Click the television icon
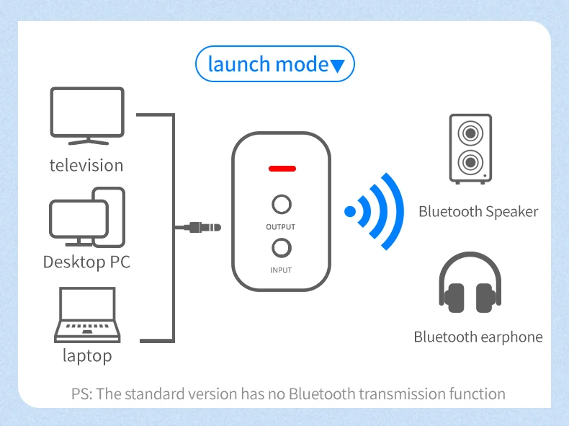[87, 115]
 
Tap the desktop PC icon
[87, 214]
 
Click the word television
[86, 165]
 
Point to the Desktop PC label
[86, 261]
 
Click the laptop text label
[87, 355]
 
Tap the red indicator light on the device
[282, 169]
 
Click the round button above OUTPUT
[282, 204]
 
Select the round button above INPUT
[282, 248]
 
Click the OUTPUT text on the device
[281, 227]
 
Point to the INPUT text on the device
[281, 270]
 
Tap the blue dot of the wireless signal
[350, 212]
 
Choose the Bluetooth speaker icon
[470, 148]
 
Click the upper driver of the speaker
[470, 133]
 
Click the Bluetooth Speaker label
[478, 211]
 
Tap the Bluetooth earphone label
[478, 337]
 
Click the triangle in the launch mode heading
[338, 66]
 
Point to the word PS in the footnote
[80, 394]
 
